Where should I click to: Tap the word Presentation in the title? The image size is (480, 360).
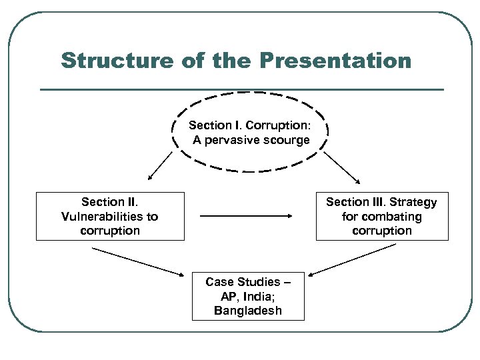pyautogui.click(x=335, y=61)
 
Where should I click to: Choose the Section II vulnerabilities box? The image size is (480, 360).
pyautogui.click(x=110, y=216)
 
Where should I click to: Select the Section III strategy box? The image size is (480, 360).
pyautogui.click(x=381, y=216)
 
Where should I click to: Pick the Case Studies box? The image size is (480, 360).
pyautogui.click(x=248, y=296)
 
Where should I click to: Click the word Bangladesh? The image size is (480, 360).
pyautogui.click(x=248, y=311)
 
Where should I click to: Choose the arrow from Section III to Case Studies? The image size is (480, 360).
pyautogui.click(x=353, y=259)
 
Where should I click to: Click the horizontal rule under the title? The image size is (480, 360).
pyautogui.click(x=241, y=89)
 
